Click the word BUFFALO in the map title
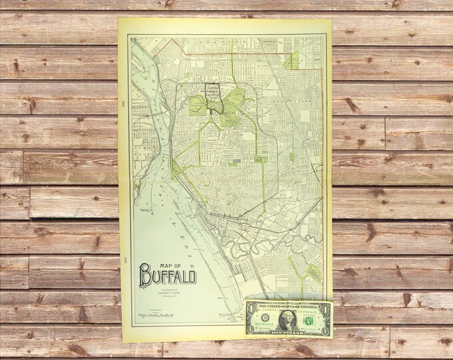tap(167, 273)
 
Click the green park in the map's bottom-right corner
tap(309, 273)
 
